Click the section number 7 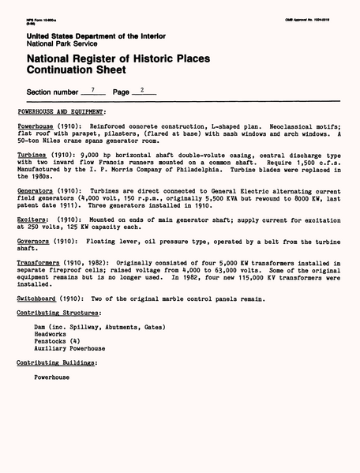tap(92, 92)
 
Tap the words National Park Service tap(62, 43)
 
